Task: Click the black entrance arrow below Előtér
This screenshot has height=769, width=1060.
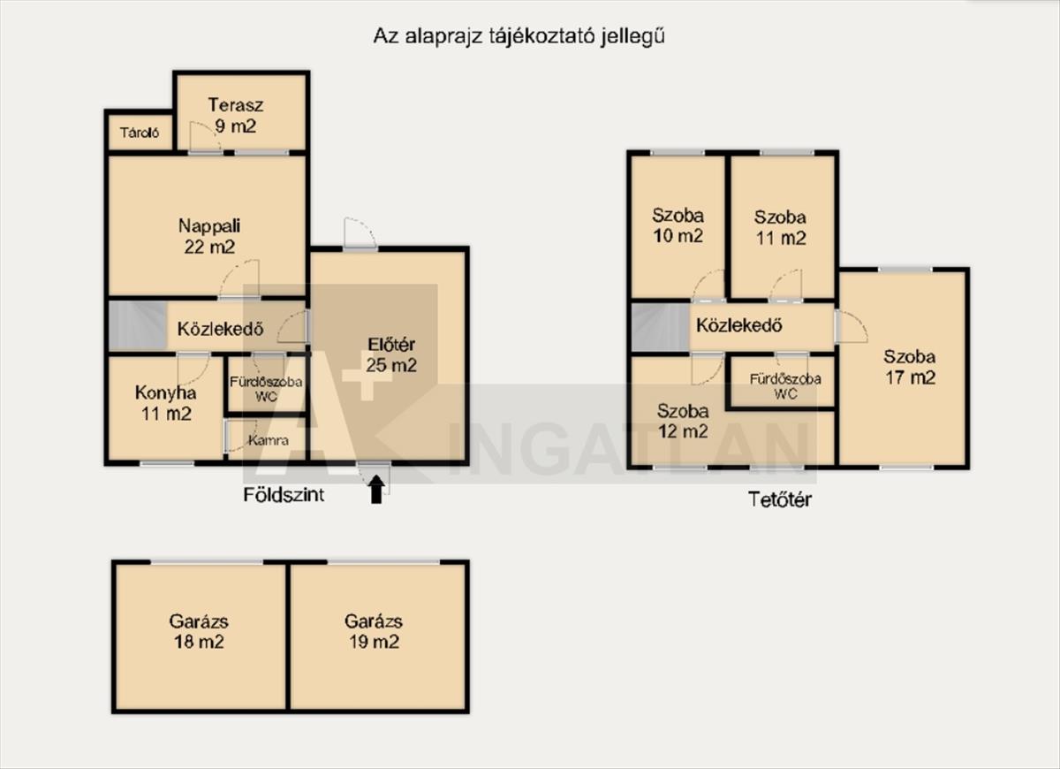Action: pyautogui.click(x=376, y=489)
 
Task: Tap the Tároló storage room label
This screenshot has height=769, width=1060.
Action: pyautogui.click(x=140, y=133)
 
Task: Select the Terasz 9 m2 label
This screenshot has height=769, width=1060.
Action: pyautogui.click(x=236, y=116)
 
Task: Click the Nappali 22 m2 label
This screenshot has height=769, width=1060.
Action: pyautogui.click(x=209, y=236)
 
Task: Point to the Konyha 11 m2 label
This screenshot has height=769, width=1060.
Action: pyautogui.click(x=166, y=403)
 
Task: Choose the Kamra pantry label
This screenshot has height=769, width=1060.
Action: pyautogui.click(x=269, y=440)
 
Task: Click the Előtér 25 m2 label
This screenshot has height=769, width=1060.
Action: pyautogui.click(x=391, y=354)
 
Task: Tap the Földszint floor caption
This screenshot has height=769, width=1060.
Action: pyautogui.click(x=284, y=495)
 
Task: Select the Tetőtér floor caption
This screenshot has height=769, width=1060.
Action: pyautogui.click(x=780, y=499)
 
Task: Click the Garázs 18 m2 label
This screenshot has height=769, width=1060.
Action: pyautogui.click(x=199, y=632)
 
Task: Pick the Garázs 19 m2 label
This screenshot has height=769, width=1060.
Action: pyautogui.click(x=374, y=632)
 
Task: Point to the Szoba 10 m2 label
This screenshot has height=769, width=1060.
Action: pyautogui.click(x=678, y=226)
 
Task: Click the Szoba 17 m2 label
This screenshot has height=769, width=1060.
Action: pyautogui.click(x=910, y=367)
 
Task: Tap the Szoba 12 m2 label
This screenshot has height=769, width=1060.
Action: pyautogui.click(x=683, y=421)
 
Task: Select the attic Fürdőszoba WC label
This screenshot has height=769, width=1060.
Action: pyautogui.click(x=785, y=386)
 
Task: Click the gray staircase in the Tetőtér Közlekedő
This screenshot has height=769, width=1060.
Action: pyautogui.click(x=661, y=328)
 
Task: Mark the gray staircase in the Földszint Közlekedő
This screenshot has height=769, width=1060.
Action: pyautogui.click(x=138, y=326)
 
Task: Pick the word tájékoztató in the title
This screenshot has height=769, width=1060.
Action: pyautogui.click(x=541, y=37)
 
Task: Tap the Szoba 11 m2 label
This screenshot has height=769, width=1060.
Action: pyautogui.click(x=780, y=228)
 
